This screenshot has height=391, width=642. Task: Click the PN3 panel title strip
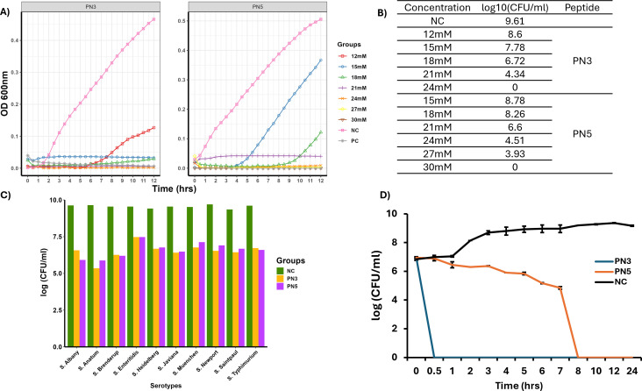pos(90,7)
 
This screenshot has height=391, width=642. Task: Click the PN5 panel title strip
pos(258,7)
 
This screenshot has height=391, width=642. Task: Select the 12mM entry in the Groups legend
pos(352,56)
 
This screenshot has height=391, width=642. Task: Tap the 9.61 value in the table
pos(515,21)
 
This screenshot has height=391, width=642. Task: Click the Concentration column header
pos(438,8)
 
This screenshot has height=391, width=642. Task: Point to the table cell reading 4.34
pos(515,75)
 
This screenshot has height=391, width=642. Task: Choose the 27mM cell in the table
pos(438,154)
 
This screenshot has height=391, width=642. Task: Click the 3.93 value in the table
pos(515,154)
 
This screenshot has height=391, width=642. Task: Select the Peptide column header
pos(581,8)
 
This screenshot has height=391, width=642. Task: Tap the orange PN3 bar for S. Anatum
pos(96,308)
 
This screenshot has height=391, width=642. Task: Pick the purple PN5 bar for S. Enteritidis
pos(142,292)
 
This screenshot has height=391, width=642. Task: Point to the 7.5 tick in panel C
pos(55,237)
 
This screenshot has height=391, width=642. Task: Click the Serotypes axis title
pos(166,386)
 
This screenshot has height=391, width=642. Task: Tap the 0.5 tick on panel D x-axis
pos(434,371)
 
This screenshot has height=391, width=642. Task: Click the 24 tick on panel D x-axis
pos(632,371)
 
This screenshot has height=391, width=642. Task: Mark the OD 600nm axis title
pos(5,93)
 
